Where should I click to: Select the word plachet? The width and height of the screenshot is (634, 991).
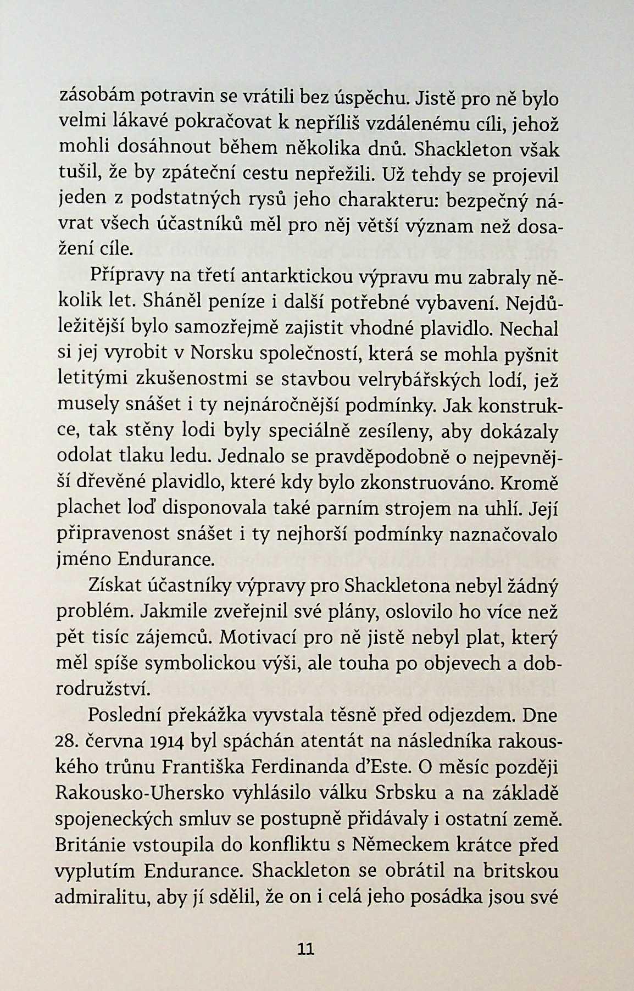(88, 509)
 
